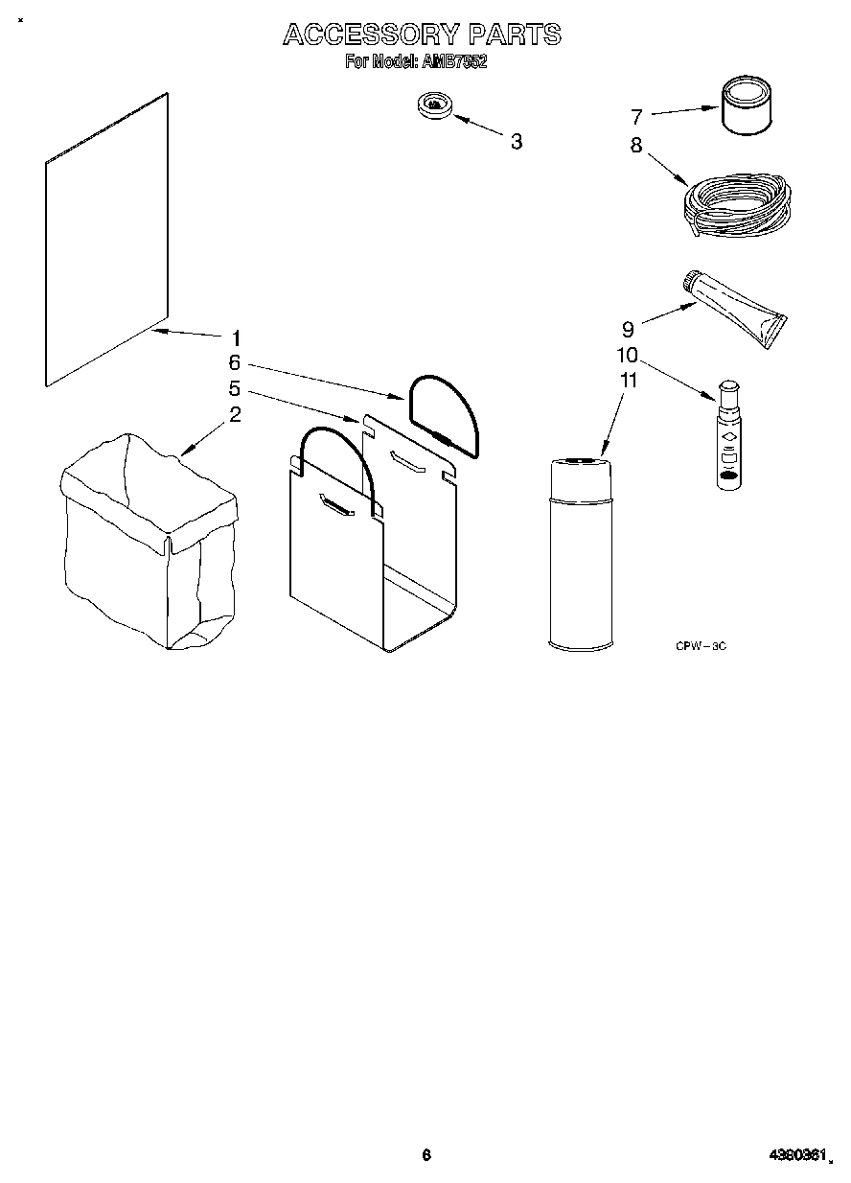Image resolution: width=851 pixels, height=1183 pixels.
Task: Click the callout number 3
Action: pos(517,142)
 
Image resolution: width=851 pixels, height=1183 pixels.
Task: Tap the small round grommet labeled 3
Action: pos(435,105)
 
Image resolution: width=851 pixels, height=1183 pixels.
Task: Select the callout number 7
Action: pos(635,117)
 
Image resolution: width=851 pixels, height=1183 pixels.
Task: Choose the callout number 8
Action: pos(635,147)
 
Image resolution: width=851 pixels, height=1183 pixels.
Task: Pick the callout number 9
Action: pos(628,329)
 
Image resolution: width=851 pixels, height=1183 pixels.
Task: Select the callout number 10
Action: pos(627,355)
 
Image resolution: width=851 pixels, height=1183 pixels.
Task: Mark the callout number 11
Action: pos(628,380)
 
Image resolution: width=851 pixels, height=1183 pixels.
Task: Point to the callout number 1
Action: pos(236,337)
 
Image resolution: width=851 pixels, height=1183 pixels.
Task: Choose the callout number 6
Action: pos(234,363)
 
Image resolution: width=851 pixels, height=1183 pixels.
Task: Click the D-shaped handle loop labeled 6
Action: pos(444,412)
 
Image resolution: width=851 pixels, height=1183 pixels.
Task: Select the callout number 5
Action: pos(234,389)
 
